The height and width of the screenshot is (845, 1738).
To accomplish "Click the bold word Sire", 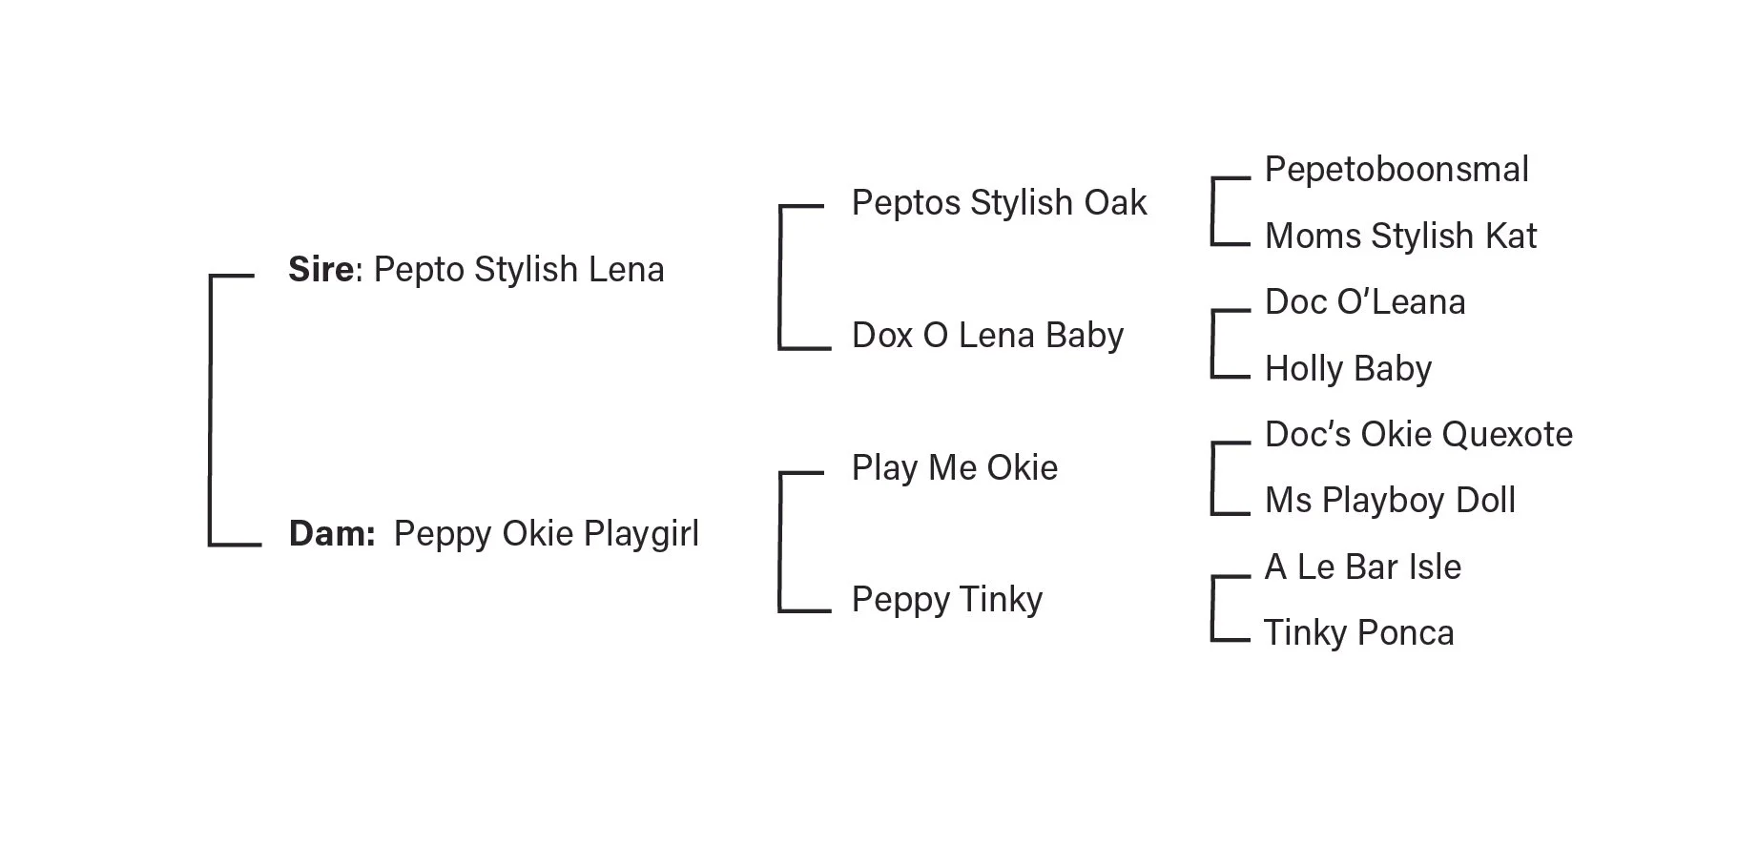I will click(321, 270).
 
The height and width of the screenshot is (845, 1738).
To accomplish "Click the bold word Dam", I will click(330, 534).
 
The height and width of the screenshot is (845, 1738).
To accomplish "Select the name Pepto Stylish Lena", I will click(519, 270).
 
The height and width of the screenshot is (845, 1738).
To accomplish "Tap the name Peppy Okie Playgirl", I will click(546, 534).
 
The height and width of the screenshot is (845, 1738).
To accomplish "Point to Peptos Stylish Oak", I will click(999, 203).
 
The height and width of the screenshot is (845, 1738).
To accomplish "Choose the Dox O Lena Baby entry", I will click(987, 336).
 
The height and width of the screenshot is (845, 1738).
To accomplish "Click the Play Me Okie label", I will click(954, 468).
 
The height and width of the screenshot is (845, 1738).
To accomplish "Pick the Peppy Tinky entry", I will click(946, 600).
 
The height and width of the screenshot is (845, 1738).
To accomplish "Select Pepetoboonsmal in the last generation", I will click(1397, 170).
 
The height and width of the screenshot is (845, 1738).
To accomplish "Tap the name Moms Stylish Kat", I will click(1400, 237).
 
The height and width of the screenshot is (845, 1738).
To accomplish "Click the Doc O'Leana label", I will click(1365, 302).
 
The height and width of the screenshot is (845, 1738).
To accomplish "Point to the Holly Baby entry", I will click(1348, 369).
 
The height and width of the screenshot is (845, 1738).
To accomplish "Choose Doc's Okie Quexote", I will click(1418, 435).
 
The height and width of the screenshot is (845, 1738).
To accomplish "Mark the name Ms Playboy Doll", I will click(1390, 501).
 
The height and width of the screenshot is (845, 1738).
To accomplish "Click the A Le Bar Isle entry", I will click(1362, 567).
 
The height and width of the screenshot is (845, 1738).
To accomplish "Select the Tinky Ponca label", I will click(1358, 633).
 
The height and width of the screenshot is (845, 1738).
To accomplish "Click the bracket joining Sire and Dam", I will click(211, 410).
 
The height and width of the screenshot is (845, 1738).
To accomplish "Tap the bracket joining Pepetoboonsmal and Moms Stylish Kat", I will click(1213, 211).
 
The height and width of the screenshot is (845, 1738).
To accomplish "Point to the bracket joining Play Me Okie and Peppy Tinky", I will click(781, 541).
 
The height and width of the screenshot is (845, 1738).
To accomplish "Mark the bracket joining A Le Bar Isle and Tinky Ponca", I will click(1213, 608).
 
